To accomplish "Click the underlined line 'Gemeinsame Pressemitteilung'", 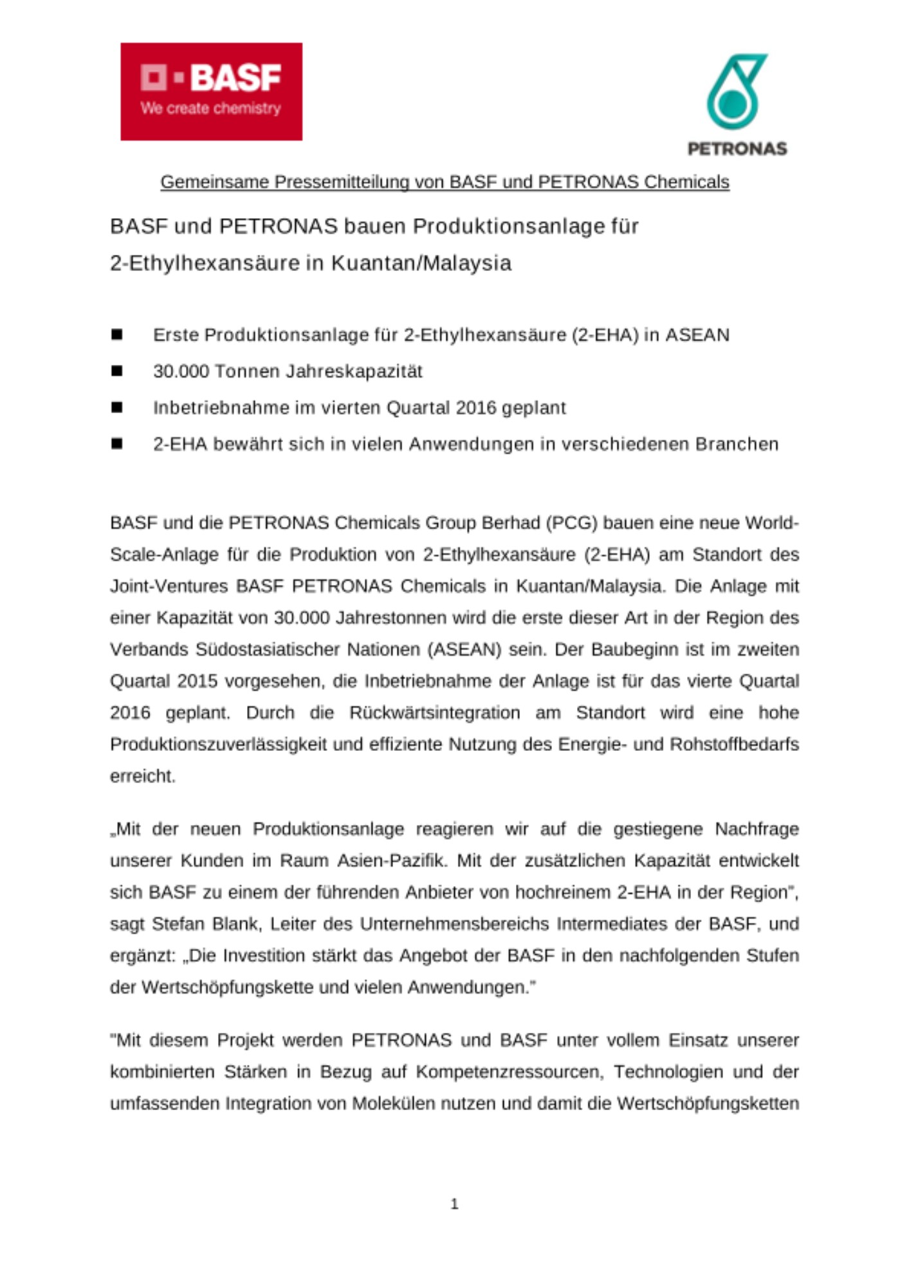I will [445, 182].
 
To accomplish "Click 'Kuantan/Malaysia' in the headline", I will [421, 263].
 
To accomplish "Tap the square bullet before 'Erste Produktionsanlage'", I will [117, 335].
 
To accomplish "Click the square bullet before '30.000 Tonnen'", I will [117, 371].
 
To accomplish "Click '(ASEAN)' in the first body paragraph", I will [464, 649].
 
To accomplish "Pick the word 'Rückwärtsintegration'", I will [434, 712].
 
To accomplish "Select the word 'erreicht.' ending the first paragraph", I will [143, 776].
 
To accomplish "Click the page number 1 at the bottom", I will [455, 1203].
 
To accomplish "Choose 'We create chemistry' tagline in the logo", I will [210, 108].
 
